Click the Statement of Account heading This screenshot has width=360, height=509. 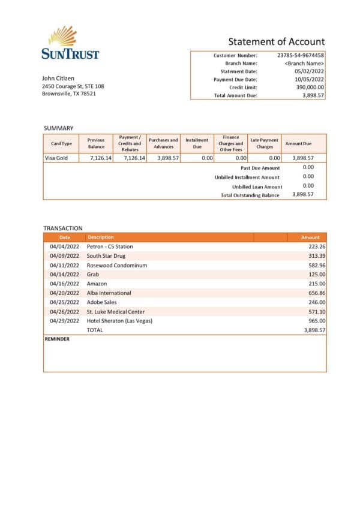coord(276,41)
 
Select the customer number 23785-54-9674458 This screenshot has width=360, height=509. coord(301,55)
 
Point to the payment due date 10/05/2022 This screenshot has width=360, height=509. coord(310,79)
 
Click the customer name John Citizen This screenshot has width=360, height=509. coord(58,79)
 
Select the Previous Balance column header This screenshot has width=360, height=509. coord(96,143)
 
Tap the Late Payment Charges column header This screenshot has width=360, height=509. coord(264,143)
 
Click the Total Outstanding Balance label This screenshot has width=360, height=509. coord(250,195)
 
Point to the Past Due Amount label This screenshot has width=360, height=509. coord(260,168)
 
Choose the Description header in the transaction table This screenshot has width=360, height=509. coord(100,237)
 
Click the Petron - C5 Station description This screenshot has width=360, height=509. coord(110,246)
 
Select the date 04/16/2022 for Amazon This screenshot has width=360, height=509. coord(64,284)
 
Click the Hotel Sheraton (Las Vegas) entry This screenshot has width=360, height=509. coord(119,321)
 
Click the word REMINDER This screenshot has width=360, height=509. coord(57,339)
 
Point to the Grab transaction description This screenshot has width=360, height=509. coord(93,275)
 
